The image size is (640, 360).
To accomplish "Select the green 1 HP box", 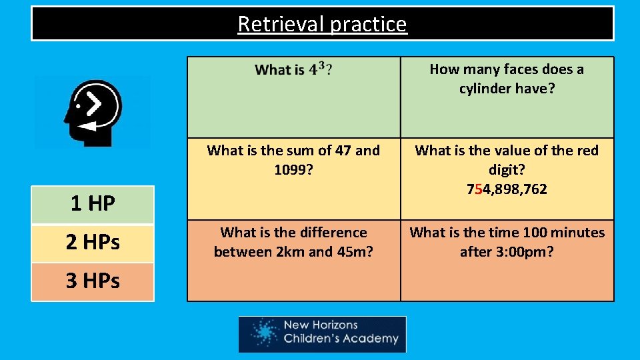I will [x=93, y=204].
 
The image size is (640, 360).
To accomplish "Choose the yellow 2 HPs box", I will [x=93, y=243].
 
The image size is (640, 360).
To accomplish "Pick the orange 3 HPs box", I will [x=93, y=281].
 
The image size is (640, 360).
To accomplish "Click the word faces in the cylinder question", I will [x=514, y=69].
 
